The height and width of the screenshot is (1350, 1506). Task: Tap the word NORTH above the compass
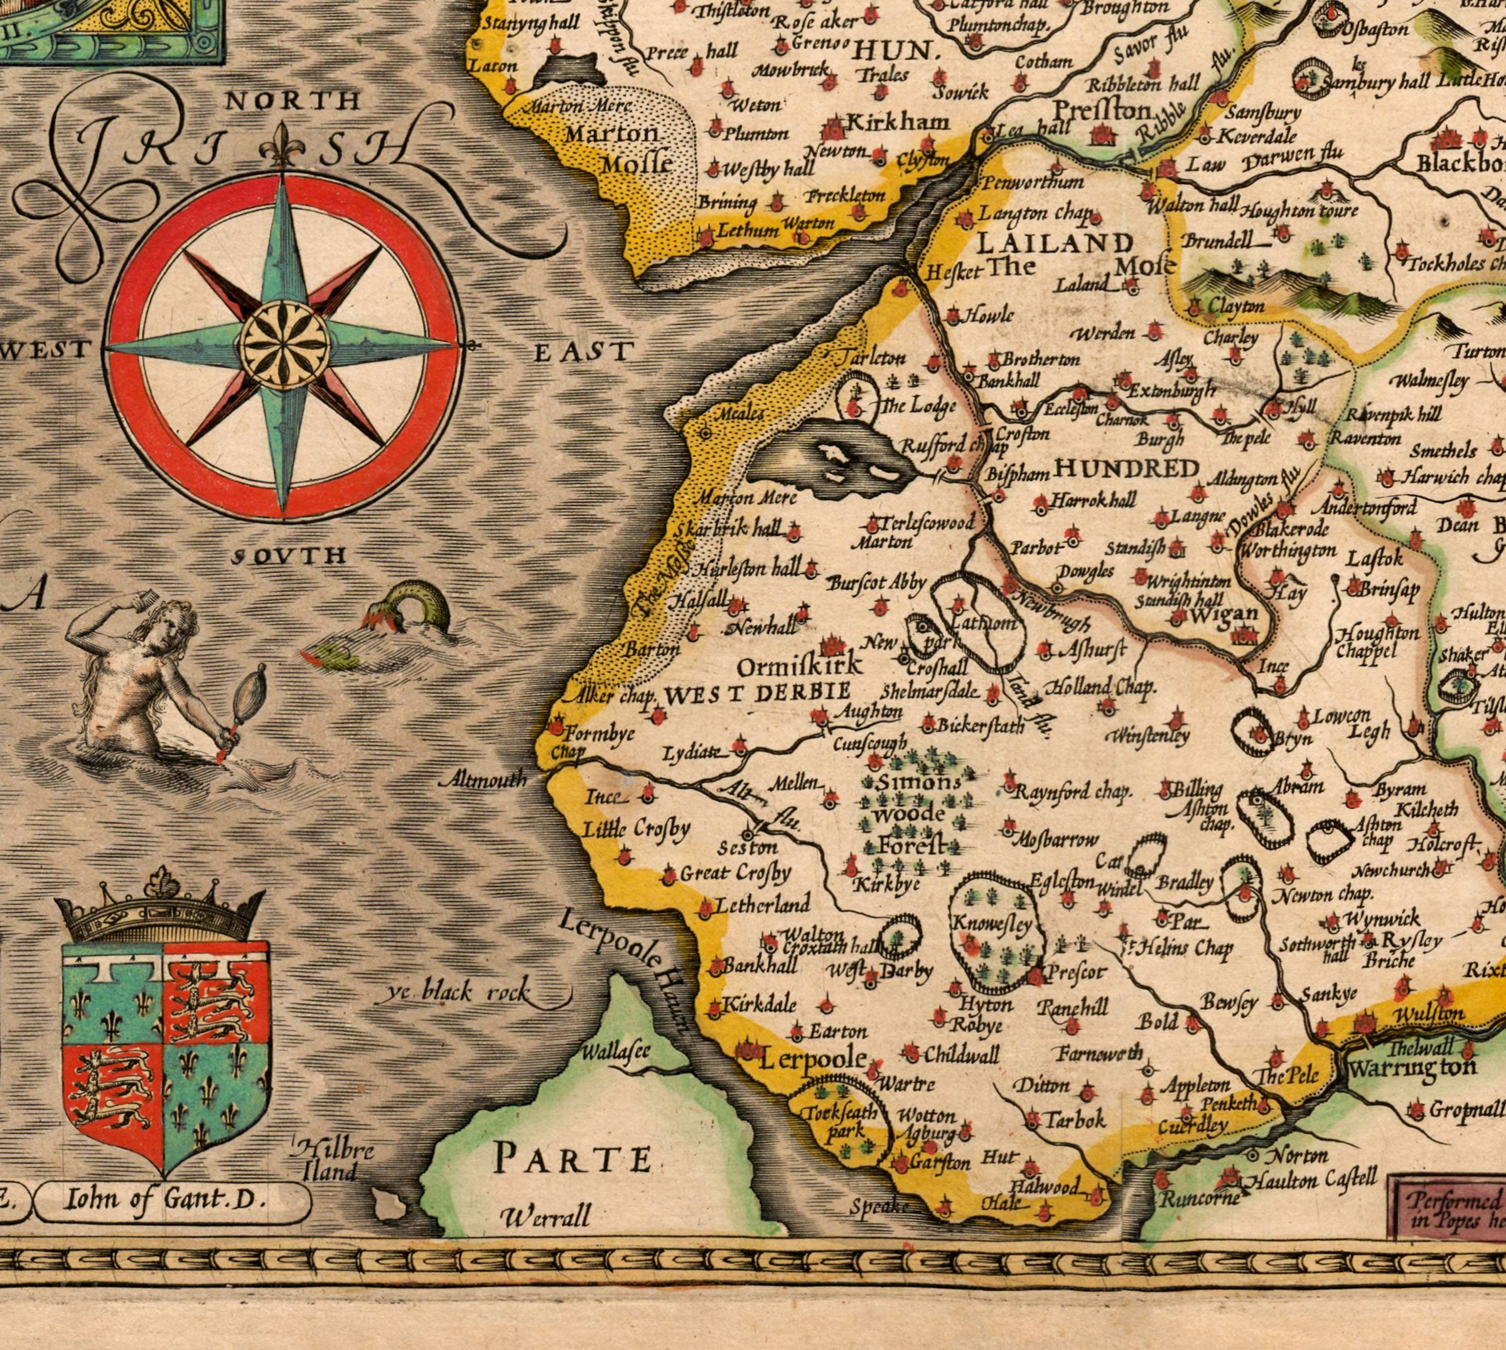coord(293,101)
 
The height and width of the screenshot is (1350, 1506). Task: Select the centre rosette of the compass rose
coord(286,346)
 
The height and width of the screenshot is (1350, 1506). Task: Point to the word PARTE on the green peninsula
coord(573,1159)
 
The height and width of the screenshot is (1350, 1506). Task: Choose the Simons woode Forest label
coord(911,815)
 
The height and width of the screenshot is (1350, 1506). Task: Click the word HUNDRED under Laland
coord(1126,469)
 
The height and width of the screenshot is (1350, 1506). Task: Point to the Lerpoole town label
coord(812,1059)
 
